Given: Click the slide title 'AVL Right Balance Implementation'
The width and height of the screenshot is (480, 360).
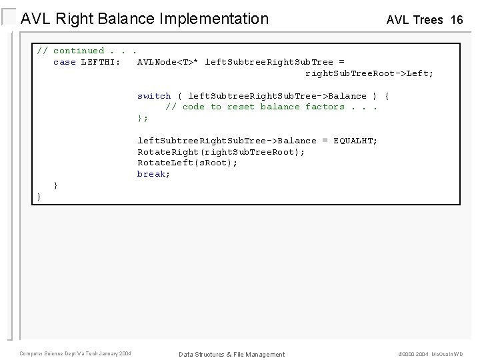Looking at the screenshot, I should click(145, 19).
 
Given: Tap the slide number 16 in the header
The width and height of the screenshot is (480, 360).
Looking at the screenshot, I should click(457, 20).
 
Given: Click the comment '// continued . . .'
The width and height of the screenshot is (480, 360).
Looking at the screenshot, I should click(87, 51).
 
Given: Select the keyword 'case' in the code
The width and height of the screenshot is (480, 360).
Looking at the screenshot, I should click(65, 62).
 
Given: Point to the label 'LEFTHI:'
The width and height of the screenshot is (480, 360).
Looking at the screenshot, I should click(101, 62).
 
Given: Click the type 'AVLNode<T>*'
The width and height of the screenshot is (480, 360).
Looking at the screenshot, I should click(167, 62).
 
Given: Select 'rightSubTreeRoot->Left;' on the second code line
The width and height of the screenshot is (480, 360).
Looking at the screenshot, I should click(369, 73).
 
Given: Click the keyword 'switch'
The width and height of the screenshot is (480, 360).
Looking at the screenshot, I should click(154, 96).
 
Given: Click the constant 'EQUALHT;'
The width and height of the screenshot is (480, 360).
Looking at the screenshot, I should click(355, 141).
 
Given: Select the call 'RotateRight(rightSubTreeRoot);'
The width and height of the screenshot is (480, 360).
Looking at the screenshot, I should click(221, 152).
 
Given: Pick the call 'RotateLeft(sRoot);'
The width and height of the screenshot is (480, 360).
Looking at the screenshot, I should click(187, 163).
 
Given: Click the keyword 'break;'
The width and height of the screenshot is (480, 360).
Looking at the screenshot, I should click(154, 174).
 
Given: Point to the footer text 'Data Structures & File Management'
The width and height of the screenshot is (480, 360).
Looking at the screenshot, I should click(231, 354).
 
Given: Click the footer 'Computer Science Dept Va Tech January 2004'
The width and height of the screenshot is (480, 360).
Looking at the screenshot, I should click(75, 353).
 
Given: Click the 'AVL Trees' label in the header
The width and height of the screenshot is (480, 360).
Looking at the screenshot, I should click(415, 20).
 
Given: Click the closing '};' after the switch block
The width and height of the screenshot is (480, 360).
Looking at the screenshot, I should click(143, 118).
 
